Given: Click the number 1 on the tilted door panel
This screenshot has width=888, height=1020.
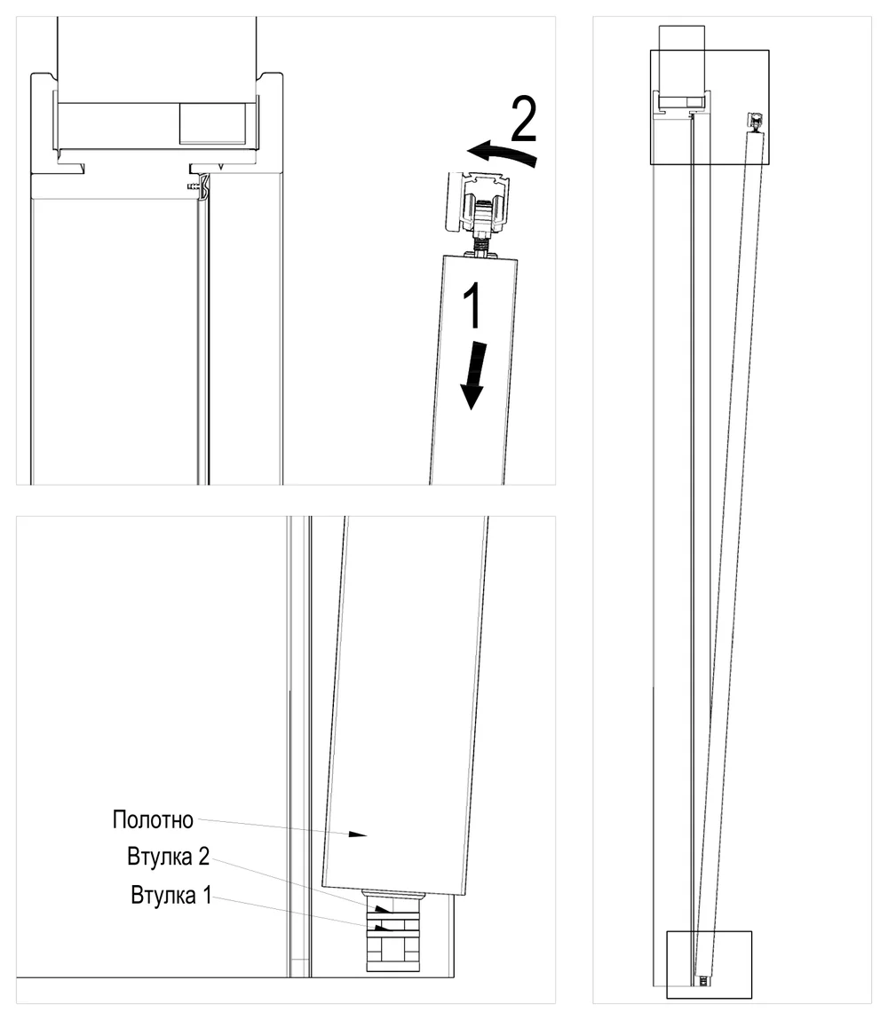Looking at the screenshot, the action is pos(473,305).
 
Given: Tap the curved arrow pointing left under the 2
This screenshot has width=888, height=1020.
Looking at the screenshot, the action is pos(503,154).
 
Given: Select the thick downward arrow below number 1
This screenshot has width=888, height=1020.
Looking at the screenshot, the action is pos(474,376).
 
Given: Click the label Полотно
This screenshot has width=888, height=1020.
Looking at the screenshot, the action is pos(153,819).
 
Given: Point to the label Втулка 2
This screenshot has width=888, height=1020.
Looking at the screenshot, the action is pos(169,857).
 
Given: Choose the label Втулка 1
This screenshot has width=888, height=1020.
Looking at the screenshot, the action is pos(171,895).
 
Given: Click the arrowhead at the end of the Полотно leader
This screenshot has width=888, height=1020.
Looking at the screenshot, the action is pos(359,834).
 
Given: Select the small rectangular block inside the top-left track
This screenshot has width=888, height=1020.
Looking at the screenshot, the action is pos(213,123).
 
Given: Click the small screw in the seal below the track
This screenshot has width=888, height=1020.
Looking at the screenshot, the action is pos(194,186).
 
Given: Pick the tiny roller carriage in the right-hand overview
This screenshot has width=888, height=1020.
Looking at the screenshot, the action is pos(756,121).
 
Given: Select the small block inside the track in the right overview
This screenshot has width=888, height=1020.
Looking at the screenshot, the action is pos(696,101).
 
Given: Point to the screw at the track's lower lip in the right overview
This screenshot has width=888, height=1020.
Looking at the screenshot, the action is pos(690,115).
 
